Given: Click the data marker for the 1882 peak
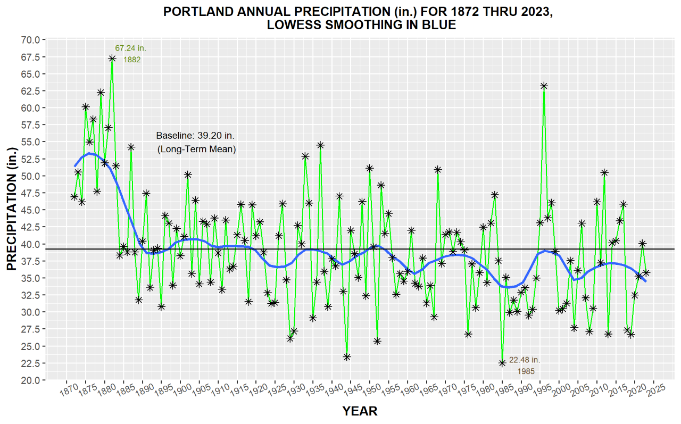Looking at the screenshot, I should point(112,59).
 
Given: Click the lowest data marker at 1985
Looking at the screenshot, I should point(502,363).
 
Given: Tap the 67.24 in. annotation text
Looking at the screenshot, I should point(130,48).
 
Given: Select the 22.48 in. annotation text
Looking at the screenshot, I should point(524,360).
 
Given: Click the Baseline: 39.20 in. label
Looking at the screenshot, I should point(195,136).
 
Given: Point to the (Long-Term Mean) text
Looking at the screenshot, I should point(196,149).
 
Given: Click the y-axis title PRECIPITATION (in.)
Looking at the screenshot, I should point(12,210).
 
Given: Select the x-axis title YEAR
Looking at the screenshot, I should point(360,411).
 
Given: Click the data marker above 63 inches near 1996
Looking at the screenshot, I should point(544,86).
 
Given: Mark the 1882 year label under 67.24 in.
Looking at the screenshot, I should point(132,60).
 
